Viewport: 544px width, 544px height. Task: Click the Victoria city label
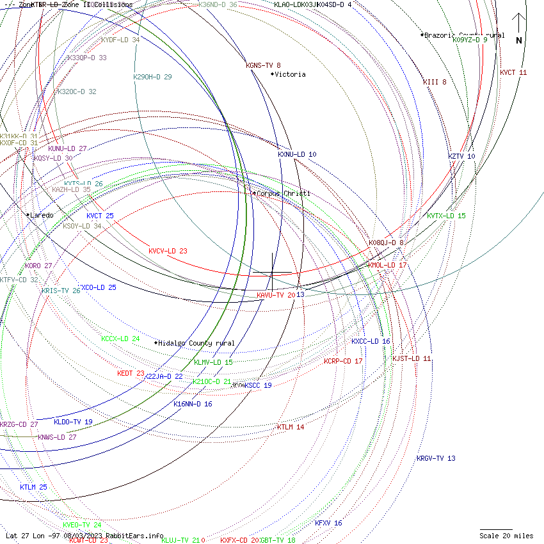pos(291,74)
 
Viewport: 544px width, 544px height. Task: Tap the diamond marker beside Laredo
pos(28,215)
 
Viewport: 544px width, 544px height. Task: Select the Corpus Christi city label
pos(284,193)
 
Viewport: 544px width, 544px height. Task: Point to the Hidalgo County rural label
pos(196,343)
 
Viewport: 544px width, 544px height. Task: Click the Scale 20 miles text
pos(506,536)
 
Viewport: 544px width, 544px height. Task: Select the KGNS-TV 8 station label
pos(263,65)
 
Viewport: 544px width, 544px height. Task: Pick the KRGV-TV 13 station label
pos(436,458)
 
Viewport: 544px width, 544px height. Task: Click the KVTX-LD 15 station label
pos(446,216)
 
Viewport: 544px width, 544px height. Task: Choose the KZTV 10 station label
pos(461,156)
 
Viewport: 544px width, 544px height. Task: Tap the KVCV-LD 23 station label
pos(168,251)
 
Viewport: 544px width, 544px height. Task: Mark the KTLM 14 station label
pos(291,427)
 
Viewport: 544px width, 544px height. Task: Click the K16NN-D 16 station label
pos(193,404)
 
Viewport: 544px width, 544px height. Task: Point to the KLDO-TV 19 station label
pos(73,422)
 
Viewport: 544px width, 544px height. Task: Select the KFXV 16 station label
pos(328,523)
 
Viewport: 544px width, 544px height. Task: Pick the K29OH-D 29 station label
pos(152,77)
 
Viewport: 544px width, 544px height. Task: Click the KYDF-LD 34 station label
pos(120,40)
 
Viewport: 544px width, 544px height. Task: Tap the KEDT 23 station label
pos(131,373)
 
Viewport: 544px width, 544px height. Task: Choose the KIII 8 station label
pos(435,82)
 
